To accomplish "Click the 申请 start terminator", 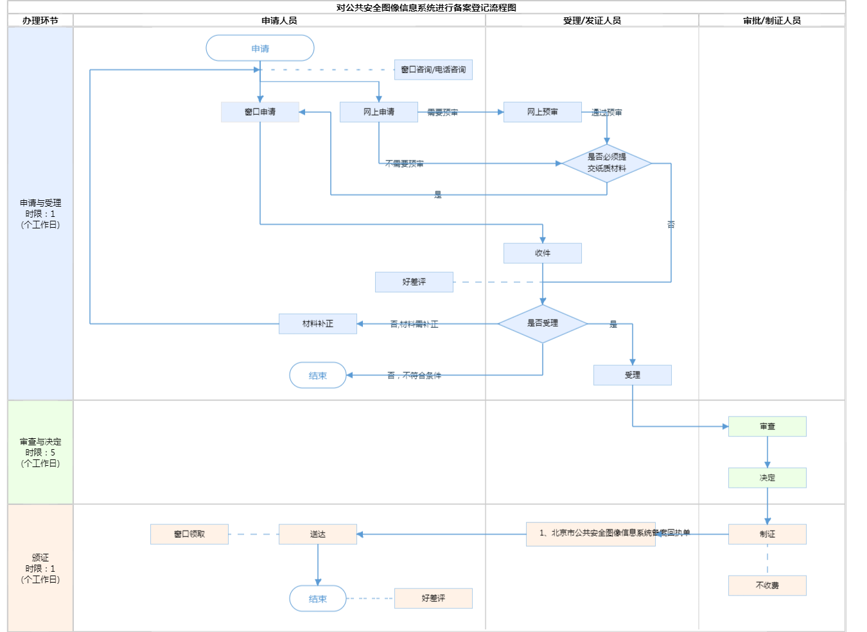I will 260,48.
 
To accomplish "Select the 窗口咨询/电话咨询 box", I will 433,69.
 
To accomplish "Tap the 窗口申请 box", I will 260,112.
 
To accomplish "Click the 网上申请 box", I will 379,112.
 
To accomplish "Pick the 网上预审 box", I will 543,112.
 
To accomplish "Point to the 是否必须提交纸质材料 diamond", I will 607,163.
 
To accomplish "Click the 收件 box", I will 543,253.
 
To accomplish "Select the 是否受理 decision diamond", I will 543,323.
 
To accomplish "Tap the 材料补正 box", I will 318,323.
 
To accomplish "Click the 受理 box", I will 633,375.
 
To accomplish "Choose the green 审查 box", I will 767,426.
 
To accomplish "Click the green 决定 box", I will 767,477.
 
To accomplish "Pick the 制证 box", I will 767,534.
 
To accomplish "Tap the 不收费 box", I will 767,585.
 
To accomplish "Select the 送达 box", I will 318,534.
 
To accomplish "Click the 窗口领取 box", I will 189,534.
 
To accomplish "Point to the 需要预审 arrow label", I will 442,112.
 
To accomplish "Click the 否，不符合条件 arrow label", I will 414,375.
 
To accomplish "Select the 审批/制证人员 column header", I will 772,21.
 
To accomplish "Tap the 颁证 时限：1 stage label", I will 40,568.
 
